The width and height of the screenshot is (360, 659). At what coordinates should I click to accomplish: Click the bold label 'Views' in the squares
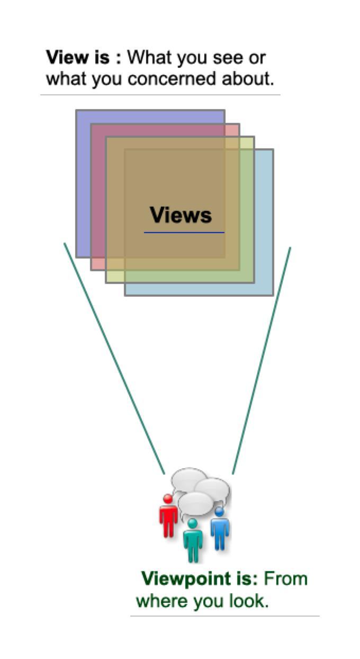point(181,215)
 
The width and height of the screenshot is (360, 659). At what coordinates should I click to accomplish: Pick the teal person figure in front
point(193,541)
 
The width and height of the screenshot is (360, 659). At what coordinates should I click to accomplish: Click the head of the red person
point(168,498)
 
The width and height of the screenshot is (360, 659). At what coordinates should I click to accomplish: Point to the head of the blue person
point(219,511)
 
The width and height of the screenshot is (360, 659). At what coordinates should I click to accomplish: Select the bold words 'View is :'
point(84,57)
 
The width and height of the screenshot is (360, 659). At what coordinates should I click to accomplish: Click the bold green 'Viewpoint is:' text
point(199,578)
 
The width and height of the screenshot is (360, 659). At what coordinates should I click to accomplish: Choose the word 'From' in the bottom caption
point(286,578)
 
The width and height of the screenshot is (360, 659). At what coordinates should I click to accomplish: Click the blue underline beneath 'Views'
point(184,232)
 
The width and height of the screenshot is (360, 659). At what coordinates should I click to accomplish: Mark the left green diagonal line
point(114,358)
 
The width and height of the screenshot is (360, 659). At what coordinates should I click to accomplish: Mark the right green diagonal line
point(262,360)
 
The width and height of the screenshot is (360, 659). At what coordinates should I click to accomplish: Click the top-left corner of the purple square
point(76,110)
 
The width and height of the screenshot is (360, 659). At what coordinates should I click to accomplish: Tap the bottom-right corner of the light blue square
point(273,295)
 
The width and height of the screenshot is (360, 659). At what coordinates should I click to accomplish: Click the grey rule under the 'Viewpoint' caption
point(225,616)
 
